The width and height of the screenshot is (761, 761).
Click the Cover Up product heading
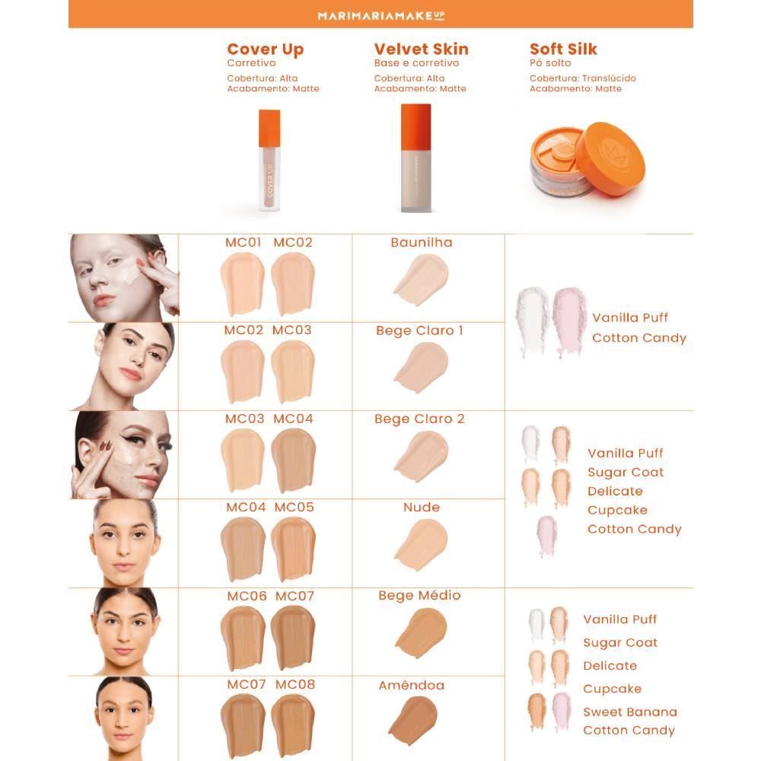(x=265, y=49)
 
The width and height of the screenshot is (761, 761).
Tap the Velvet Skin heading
(x=421, y=49)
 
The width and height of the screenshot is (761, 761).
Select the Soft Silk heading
(x=563, y=49)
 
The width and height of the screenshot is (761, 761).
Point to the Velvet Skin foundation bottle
(x=416, y=158)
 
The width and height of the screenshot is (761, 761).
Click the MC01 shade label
(x=244, y=243)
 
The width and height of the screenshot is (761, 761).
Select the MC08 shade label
(x=295, y=684)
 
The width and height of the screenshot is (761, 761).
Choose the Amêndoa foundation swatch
(x=412, y=717)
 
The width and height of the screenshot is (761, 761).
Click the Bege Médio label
(x=419, y=595)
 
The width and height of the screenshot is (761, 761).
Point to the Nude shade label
(x=422, y=507)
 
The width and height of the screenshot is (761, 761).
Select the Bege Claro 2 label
(x=419, y=419)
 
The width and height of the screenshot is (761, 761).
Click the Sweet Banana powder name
(x=629, y=712)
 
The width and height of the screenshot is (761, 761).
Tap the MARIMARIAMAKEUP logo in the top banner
(x=380, y=14)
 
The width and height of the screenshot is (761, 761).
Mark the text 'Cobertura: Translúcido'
(x=582, y=78)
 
